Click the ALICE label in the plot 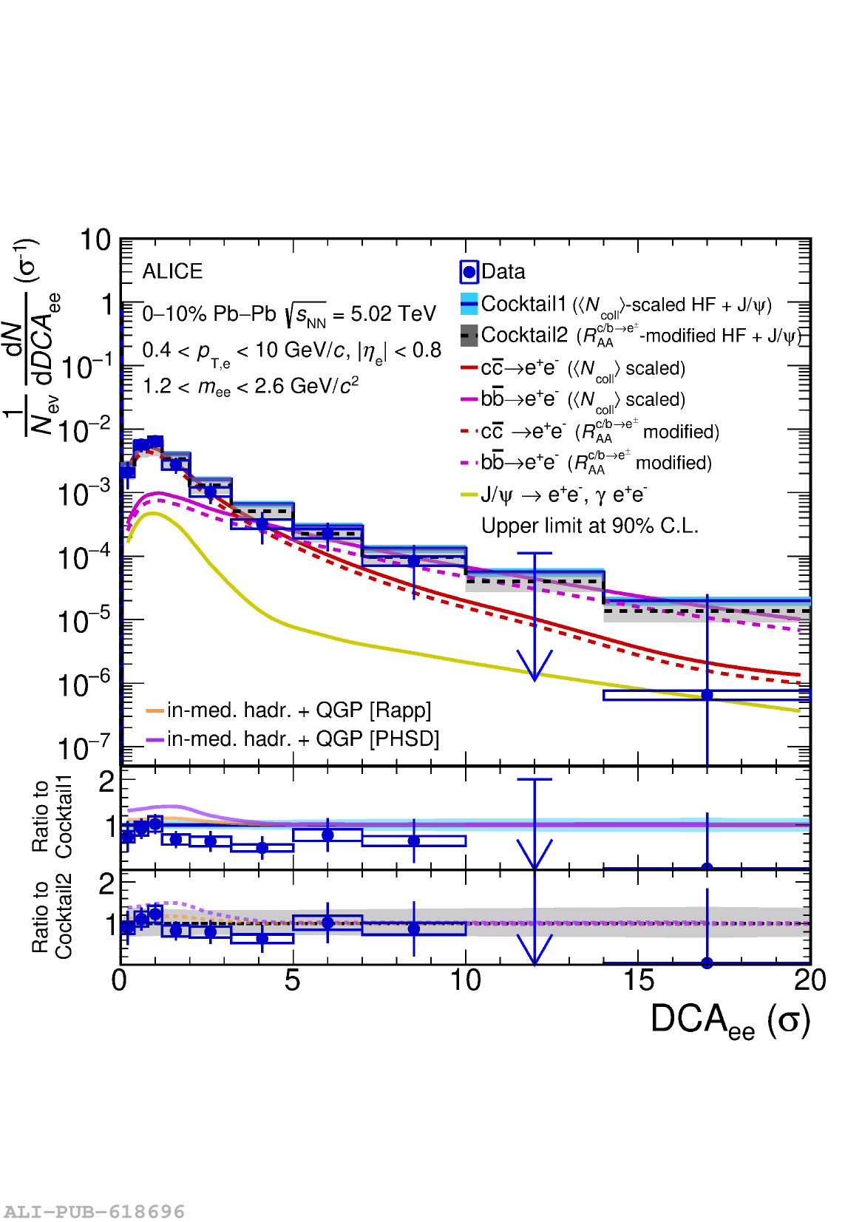click(172, 271)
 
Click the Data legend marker click(469, 272)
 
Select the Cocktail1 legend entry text click(626, 305)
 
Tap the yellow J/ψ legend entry click(563, 495)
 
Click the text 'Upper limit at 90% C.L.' click(589, 526)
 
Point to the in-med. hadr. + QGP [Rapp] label click(299, 710)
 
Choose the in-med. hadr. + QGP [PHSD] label click(303, 739)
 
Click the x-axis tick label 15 click(638, 981)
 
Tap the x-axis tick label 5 click(293, 981)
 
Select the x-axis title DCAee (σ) click(730, 1021)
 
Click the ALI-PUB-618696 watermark click(94, 1212)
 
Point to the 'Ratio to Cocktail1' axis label click(52, 816)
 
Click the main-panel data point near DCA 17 click(707, 695)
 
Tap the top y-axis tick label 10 click(95, 240)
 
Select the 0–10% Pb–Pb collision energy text click(289, 314)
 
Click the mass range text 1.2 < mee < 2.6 click(250, 386)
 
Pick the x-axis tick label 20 click(810, 981)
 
